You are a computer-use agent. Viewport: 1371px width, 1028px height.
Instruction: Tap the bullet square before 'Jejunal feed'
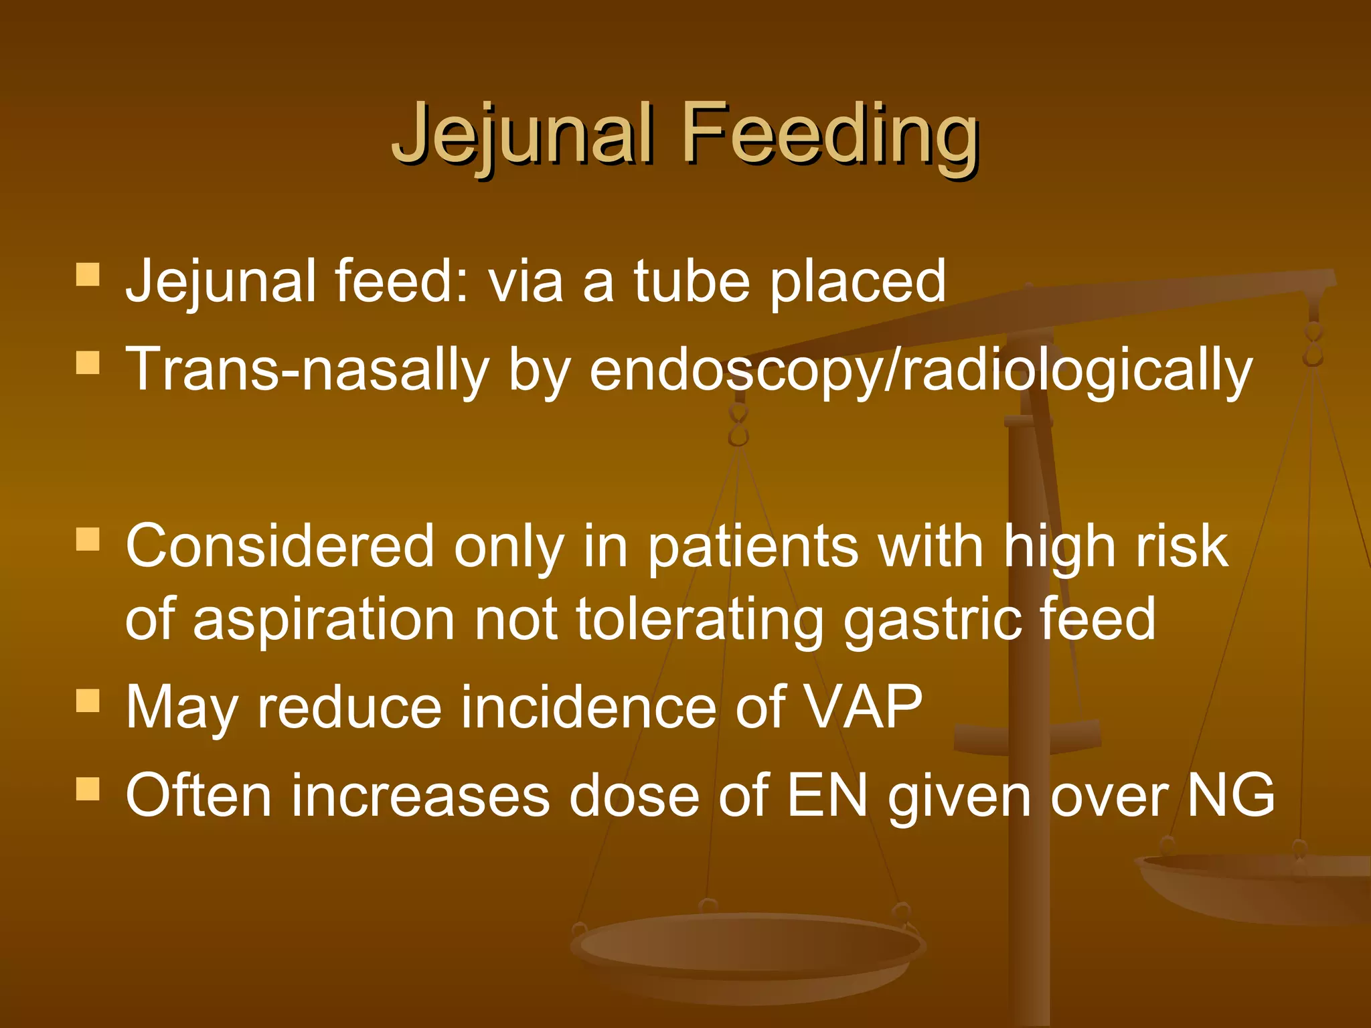(88, 274)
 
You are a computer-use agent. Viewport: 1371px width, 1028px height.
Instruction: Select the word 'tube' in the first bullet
(692, 281)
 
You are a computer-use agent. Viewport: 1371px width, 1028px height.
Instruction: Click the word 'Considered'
(280, 546)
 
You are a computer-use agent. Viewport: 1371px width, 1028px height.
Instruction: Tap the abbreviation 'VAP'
(863, 707)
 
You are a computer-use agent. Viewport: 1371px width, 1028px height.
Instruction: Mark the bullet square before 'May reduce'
(88, 701)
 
